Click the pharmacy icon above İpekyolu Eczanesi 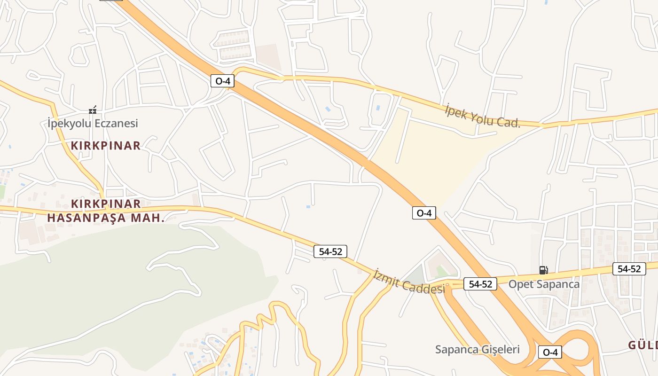tap(93, 110)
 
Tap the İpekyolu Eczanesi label tap(93, 124)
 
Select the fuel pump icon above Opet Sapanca tap(543, 270)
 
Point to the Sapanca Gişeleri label tap(477, 349)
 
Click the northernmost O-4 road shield tap(222, 81)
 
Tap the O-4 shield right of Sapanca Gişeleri tap(550, 352)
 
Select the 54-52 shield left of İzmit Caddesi tap(330, 251)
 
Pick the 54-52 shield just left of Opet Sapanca tap(480, 284)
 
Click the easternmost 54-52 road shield tap(629, 269)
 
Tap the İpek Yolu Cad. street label tap(483, 116)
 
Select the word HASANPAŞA tap(87, 218)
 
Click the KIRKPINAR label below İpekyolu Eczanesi tap(106, 146)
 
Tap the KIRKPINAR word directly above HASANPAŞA tap(106, 204)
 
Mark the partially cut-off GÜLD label tap(643, 345)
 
